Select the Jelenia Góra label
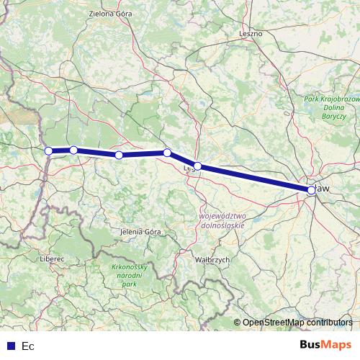141,232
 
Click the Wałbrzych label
212,258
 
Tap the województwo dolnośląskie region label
222,220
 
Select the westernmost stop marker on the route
49,151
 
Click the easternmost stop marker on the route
311,191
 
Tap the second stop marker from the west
73,150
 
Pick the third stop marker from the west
119,155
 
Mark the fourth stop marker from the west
167,153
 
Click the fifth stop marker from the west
197,166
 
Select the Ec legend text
28,346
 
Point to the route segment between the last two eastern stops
254,179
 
